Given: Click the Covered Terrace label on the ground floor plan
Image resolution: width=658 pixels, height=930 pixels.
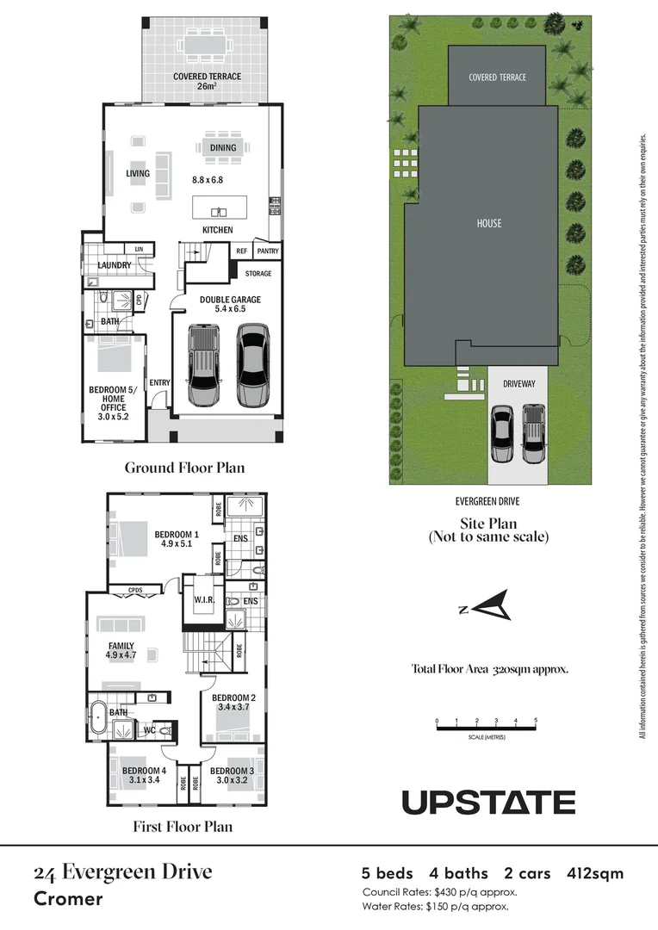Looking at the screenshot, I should [207, 77].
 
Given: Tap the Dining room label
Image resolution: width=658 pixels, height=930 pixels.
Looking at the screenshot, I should [222, 148].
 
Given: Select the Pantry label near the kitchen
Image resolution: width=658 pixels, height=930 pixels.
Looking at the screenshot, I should [268, 251].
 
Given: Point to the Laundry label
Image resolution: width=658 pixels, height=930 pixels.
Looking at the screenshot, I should [115, 265].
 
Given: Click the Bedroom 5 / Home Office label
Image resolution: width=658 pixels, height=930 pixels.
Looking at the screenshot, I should [112, 399].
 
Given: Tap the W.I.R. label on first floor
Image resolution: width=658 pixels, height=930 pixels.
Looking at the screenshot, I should [204, 600].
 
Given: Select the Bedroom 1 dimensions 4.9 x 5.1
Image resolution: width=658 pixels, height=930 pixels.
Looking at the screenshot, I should [177, 544].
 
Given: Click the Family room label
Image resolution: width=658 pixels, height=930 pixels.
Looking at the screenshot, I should [121, 645].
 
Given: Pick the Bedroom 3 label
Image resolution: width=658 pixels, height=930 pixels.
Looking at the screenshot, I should [232, 771].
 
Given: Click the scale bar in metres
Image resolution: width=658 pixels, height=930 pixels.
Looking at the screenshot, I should [487, 728].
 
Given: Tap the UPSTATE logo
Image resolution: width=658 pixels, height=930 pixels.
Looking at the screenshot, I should [488, 803].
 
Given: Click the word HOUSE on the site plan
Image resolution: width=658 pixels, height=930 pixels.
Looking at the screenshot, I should [488, 224].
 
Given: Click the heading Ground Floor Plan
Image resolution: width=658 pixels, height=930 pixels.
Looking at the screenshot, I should [184, 468].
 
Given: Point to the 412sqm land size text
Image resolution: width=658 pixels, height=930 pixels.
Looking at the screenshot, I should [595, 874].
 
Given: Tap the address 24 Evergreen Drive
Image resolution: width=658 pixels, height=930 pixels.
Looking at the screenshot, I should [122, 872].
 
